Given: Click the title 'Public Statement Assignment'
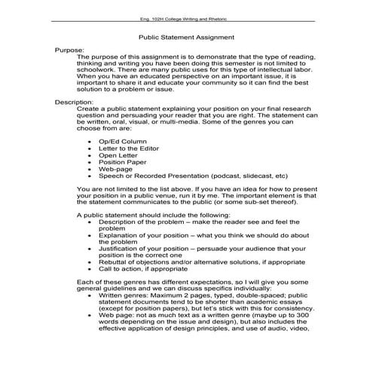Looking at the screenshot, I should (x=186, y=36).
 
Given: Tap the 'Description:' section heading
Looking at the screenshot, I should (x=73, y=101).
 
